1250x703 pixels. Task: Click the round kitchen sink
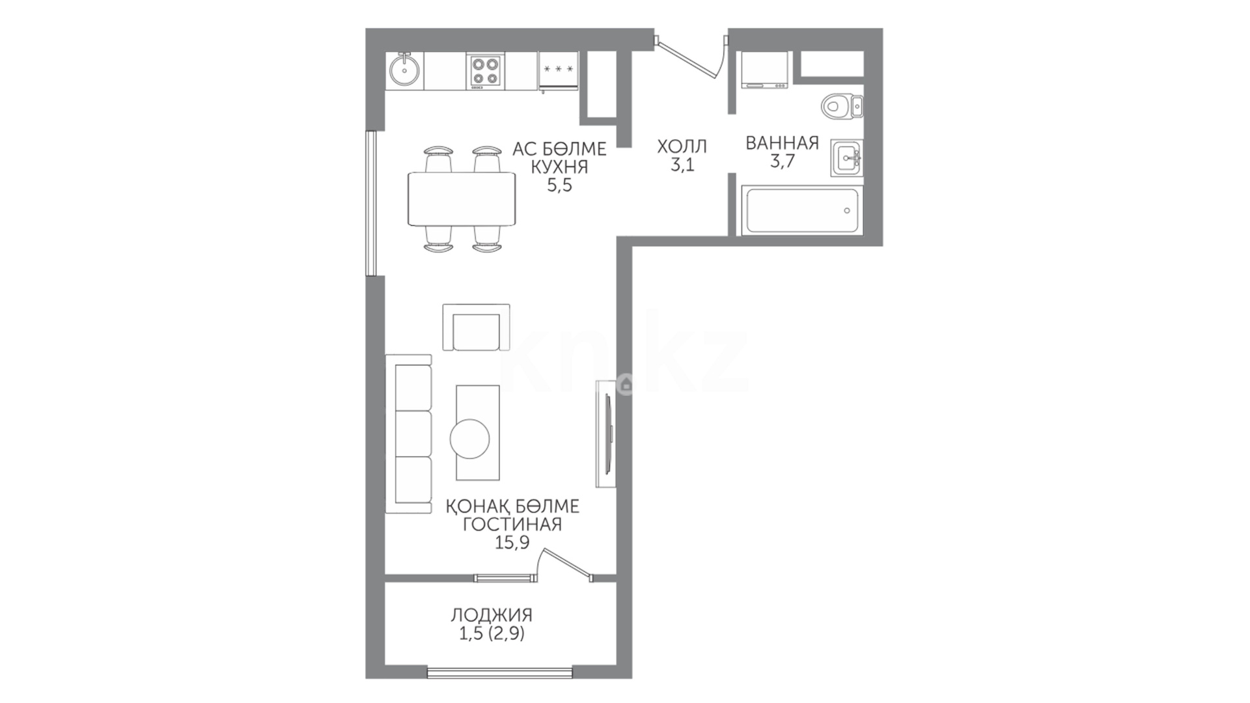(x=404, y=71)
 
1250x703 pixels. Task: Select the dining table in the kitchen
(x=462, y=199)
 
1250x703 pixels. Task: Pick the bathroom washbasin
(x=847, y=158)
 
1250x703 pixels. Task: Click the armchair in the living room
(x=476, y=327)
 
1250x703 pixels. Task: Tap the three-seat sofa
(x=409, y=434)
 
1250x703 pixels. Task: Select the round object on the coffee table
(x=469, y=439)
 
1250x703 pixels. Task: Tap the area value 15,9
(x=512, y=542)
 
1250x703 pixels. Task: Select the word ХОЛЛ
(x=682, y=146)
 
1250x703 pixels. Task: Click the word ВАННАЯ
(x=782, y=143)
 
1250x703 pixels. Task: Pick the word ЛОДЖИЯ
(x=492, y=615)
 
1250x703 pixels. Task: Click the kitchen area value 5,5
(x=559, y=186)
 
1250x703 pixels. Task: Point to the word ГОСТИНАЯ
(x=512, y=524)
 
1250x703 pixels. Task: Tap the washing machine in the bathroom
(x=764, y=70)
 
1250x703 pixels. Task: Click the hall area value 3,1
(x=682, y=165)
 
